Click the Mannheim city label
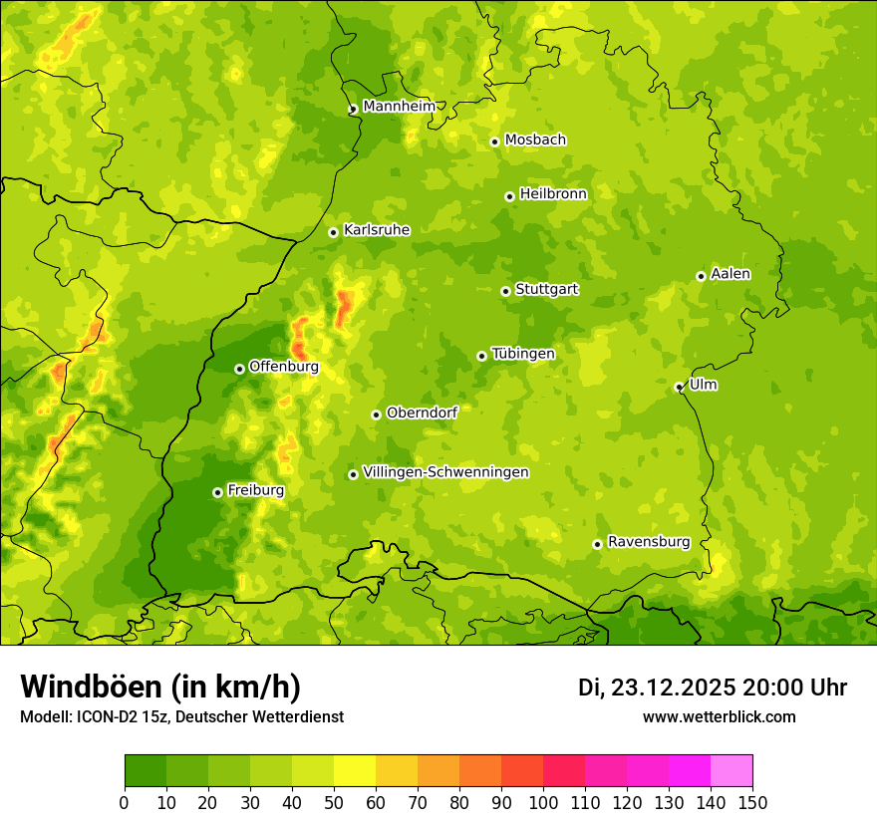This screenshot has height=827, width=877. coord(399,107)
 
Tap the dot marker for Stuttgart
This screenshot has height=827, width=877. coord(505,291)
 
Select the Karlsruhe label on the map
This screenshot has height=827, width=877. coord(377,230)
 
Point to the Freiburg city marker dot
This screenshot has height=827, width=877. coord(217,492)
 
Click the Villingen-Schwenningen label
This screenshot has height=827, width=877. coord(445,472)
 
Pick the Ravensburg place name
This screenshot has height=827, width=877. coord(649,542)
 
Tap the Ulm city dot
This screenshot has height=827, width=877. coord(679,387)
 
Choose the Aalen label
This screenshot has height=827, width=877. coord(731,274)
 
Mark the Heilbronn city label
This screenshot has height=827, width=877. coord(553,194)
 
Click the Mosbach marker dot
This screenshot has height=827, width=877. coord(494,141)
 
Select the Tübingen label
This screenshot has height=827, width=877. coord(523,354)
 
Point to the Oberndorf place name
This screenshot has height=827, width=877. coord(422,413)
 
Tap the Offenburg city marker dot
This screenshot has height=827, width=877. coord(239,369)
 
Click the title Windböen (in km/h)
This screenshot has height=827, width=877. coord(160,687)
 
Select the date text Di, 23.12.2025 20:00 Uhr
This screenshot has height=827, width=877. coord(713,688)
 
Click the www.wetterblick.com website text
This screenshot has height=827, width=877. coord(719,717)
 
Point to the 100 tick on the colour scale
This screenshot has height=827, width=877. coord(543,802)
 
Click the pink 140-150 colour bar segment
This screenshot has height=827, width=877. coord(731,771)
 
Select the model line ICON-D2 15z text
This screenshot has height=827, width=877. coord(181,717)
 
